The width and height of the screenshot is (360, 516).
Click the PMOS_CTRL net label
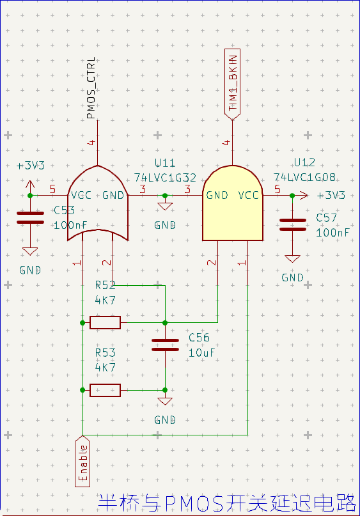click(91, 88)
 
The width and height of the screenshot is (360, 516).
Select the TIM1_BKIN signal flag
click(232, 84)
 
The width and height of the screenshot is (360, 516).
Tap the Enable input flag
click(82, 462)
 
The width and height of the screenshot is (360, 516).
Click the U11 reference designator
click(165, 163)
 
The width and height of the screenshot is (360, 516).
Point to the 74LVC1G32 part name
click(165, 178)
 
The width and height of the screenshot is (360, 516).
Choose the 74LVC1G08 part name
click(305, 177)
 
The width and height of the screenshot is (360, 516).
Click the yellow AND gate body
click(233, 203)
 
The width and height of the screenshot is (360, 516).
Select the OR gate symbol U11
click(98, 203)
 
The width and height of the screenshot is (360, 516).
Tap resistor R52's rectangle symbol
click(106, 322)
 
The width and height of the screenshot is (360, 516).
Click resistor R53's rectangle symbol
click(106, 390)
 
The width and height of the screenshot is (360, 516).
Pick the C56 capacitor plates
click(165, 345)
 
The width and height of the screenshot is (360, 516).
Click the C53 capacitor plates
click(30, 218)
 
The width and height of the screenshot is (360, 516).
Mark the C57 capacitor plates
click(293, 225)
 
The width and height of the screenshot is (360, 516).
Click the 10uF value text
click(201, 353)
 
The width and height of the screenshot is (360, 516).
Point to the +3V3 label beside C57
click(331, 196)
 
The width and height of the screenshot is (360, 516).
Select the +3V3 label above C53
click(31, 166)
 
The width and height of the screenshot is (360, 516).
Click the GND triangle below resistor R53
click(165, 401)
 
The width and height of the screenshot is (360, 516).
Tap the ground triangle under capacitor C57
click(293, 259)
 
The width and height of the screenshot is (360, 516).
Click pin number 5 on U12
click(278, 189)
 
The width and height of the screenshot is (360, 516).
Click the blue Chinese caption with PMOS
click(227, 503)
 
